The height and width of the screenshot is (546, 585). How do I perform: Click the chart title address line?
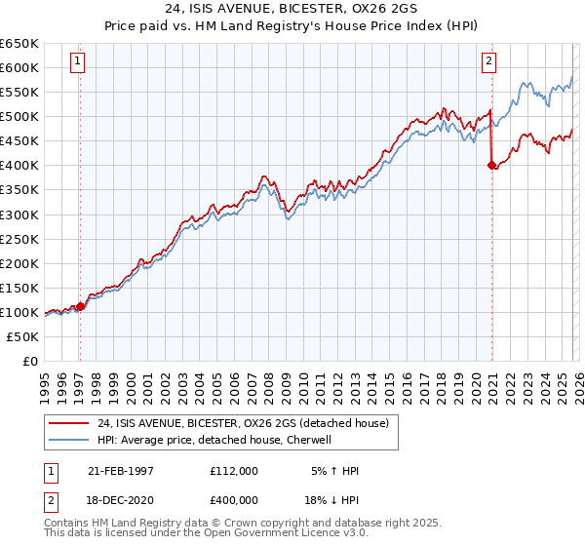point(292,9)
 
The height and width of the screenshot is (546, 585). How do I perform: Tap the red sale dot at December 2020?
point(491,166)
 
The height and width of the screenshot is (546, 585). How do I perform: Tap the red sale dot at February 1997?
point(80,306)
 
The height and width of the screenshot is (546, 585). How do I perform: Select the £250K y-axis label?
point(19,239)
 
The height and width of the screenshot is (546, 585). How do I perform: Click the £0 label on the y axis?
point(29,361)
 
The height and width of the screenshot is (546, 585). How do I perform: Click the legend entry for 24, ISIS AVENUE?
point(243,423)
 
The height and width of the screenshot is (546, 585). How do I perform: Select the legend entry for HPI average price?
point(214,440)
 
